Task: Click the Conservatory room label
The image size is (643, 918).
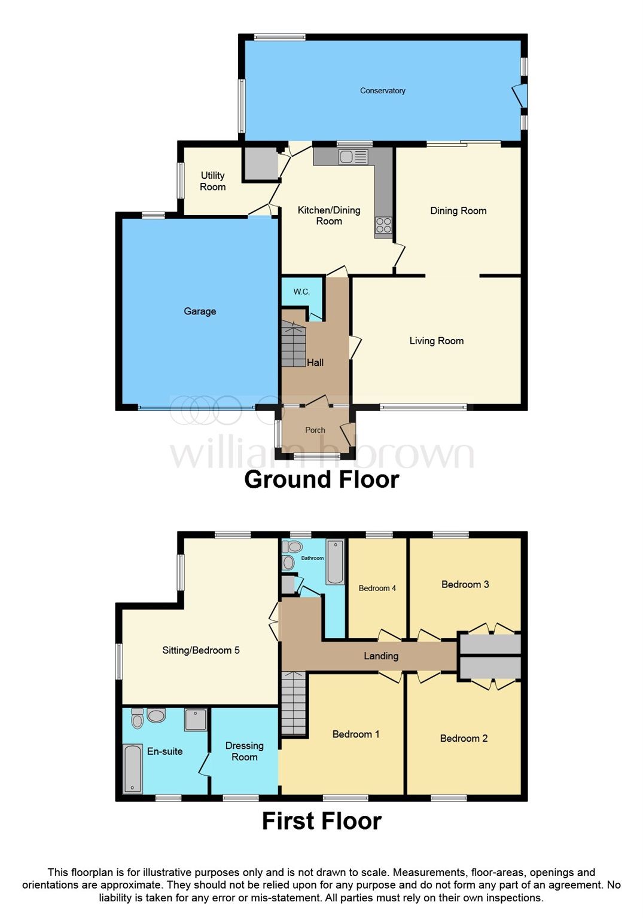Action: [x=382, y=91]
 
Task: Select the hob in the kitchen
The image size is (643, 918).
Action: [x=383, y=225]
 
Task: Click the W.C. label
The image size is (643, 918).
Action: [x=301, y=292]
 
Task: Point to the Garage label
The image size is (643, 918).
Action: [x=200, y=311]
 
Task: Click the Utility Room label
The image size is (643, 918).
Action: [x=212, y=181]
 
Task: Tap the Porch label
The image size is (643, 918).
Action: [x=315, y=430]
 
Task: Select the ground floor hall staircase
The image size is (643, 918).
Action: [x=293, y=344]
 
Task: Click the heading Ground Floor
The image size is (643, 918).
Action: [x=321, y=479]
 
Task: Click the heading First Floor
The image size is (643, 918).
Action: [x=321, y=821]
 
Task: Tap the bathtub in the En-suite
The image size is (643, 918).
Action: [x=132, y=769]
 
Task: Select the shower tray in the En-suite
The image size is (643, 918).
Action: [x=195, y=720]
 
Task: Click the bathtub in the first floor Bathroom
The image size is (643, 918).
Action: [x=335, y=562]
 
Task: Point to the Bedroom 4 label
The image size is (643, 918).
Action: [x=377, y=588]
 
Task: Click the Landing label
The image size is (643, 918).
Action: [x=381, y=656]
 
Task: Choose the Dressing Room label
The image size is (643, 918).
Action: [x=244, y=751]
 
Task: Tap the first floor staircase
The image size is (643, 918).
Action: [x=293, y=703]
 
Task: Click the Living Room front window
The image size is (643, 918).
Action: [x=423, y=408]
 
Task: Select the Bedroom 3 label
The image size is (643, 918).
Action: [x=465, y=585]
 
